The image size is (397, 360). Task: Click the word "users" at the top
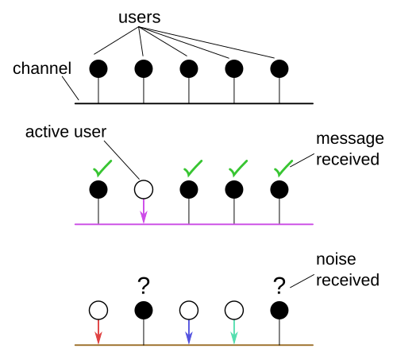(x=139, y=17)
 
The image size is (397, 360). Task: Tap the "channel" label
(x=42, y=68)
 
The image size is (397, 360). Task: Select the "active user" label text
(x=66, y=132)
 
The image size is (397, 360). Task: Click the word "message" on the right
(x=350, y=139)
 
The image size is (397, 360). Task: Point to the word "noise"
(x=336, y=259)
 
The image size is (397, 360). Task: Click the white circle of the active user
(x=144, y=189)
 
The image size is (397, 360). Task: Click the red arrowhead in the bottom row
(x=98, y=338)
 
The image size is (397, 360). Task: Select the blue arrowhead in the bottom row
(x=189, y=338)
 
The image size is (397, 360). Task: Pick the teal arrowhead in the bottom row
(x=234, y=338)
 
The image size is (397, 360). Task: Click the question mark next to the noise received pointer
(x=279, y=286)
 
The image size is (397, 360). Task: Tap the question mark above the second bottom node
(x=144, y=286)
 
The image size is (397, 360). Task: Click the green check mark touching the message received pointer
(x=283, y=168)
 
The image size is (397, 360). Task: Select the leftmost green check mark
(x=102, y=168)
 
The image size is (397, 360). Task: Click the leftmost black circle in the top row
(x=98, y=68)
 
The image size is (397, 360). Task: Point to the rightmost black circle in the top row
(x=279, y=68)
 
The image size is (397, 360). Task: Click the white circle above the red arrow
(x=98, y=310)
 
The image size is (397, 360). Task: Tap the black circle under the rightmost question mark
(x=279, y=310)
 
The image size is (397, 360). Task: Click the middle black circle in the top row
(x=189, y=68)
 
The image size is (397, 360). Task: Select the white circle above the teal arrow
(x=234, y=310)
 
